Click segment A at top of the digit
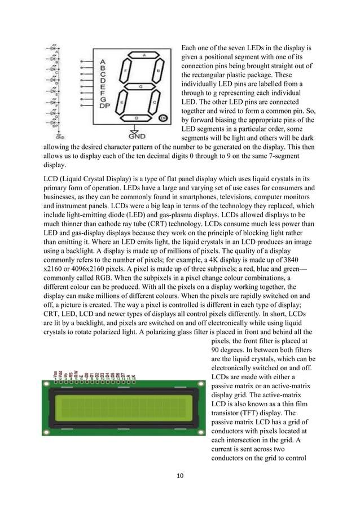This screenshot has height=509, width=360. (144, 55)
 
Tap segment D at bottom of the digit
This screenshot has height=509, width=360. (137, 117)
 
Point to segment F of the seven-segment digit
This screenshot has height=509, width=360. (124, 72)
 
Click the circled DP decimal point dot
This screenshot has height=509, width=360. (163, 119)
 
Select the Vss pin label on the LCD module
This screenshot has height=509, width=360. (54, 375)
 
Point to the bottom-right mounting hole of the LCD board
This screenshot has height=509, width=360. (199, 431)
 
